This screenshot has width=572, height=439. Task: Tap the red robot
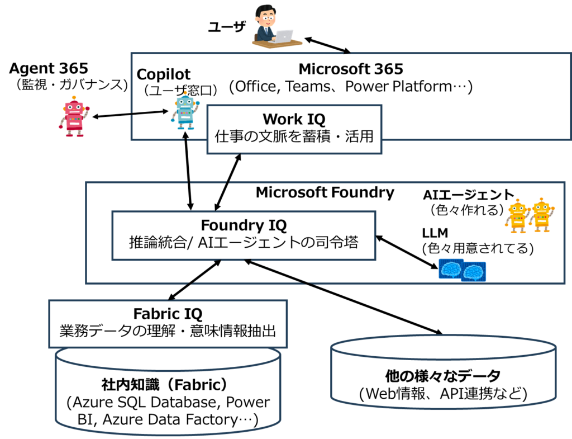click(73, 117)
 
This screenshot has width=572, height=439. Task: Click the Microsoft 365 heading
click(350, 69)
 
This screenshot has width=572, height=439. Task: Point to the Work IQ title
click(294, 119)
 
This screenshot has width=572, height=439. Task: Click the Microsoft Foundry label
click(325, 193)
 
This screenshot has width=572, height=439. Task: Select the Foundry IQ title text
click(244, 225)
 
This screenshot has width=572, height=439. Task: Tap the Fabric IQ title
click(168, 313)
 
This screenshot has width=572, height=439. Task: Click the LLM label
click(435, 233)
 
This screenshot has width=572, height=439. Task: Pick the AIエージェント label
click(468, 195)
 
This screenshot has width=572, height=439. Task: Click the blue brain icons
click(462, 271)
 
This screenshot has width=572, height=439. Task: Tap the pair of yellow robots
click(529, 215)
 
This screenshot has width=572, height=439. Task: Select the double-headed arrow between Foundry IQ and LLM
click(408, 253)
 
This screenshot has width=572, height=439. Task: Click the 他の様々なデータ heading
click(442, 376)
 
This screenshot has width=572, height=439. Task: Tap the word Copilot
click(163, 74)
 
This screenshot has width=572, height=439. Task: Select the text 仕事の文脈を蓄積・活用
click(294, 136)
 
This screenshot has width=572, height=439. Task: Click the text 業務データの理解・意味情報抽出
click(168, 331)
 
